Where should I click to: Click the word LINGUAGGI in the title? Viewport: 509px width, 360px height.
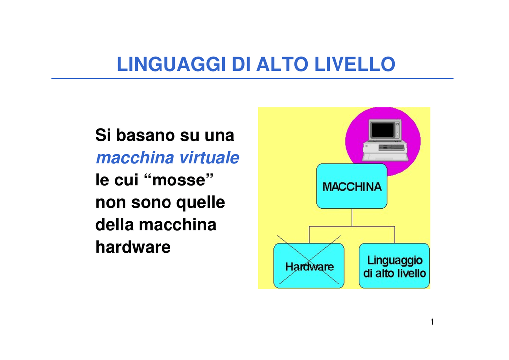coord(171,64)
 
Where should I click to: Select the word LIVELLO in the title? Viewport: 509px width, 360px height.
coord(355,64)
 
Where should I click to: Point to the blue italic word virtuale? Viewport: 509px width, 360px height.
coord(209,158)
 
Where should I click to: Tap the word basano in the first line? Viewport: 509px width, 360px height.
coord(145,135)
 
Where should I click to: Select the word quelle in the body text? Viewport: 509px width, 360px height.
coord(201,203)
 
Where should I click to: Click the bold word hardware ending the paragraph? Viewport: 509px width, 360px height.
coord(133,247)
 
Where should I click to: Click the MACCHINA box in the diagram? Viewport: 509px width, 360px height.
coord(351,186)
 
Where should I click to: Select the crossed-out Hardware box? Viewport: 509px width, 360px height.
coord(309,266)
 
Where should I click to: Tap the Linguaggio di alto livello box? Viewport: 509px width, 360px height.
coord(394,266)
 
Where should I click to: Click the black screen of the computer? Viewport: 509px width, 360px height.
coord(382,130)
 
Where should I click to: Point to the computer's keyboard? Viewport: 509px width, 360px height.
coord(385,157)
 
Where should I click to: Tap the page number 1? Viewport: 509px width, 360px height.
coord(432,322)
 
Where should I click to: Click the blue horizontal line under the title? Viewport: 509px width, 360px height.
coord(252,78)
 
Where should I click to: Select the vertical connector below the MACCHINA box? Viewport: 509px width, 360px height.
coord(352,217)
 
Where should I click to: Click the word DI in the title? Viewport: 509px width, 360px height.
coord(241,64)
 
